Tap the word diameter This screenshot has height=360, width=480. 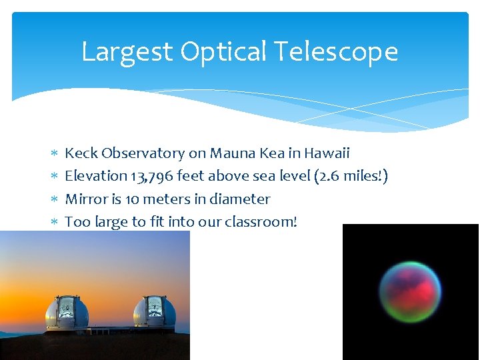tap(239, 199)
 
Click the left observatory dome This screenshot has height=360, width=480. tap(67, 311)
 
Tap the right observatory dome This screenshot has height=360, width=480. tap(155, 311)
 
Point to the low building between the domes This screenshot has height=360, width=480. tap(111, 329)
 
